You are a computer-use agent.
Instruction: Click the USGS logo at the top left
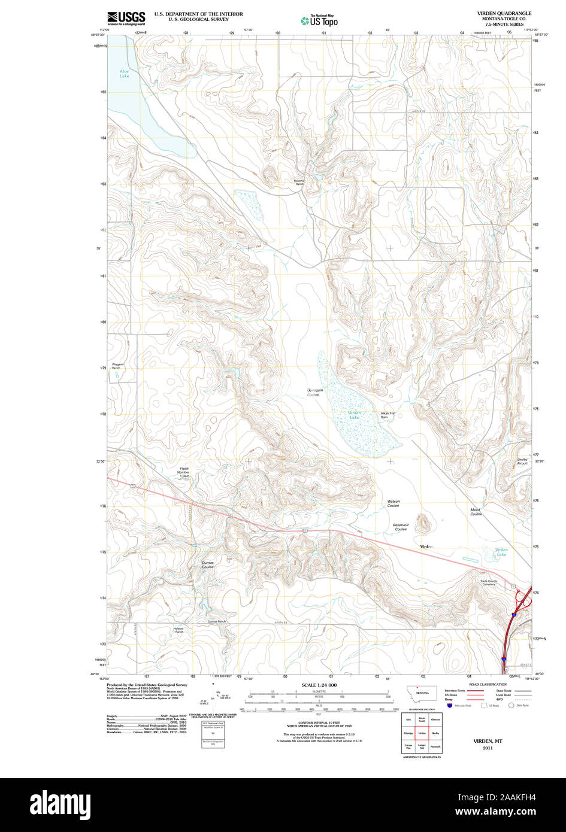tap(126, 19)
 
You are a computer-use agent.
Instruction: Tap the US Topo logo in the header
tap(319, 20)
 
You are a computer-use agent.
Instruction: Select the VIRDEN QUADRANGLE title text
tap(504, 13)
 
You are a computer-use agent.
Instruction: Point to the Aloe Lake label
tap(124, 74)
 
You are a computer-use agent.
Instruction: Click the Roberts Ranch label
tap(299, 183)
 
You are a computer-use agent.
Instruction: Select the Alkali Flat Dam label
tap(388, 415)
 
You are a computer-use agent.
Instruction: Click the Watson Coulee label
tap(393, 503)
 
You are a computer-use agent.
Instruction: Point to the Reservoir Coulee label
tap(401, 527)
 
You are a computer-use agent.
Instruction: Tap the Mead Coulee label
tap(476, 512)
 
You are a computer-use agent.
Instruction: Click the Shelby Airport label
tap(522, 461)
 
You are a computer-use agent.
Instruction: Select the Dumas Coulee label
tap(207, 564)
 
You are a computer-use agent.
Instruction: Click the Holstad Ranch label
tap(178, 630)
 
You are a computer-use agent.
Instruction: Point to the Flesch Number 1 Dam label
tap(183, 472)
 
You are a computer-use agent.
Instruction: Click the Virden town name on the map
tap(426, 547)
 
